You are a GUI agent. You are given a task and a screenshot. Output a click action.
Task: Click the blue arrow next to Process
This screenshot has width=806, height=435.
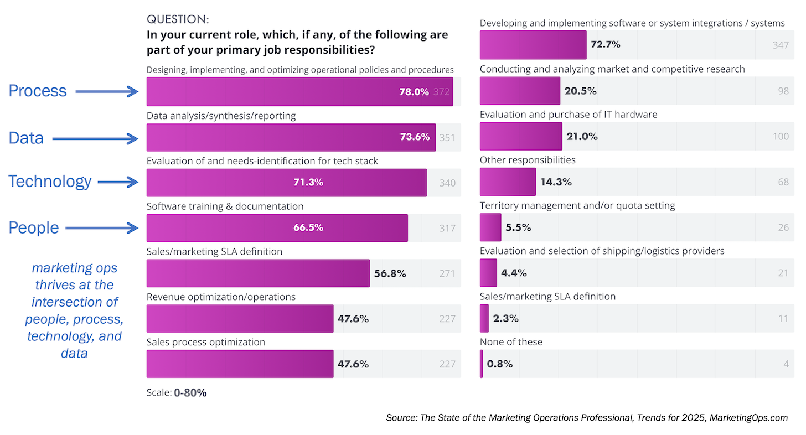pyautogui.click(x=107, y=92)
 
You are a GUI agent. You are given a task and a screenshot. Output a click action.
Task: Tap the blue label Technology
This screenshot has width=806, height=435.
pyautogui.click(x=50, y=182)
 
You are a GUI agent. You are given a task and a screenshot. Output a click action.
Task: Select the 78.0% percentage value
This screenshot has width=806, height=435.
pyautogui.click(x=414, y=92)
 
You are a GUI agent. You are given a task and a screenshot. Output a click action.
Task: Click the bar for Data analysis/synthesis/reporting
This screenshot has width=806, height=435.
pyautogui.click(x=291, y=137)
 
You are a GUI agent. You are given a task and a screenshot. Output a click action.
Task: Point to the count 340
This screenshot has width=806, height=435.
pyautogui.click(x=447, y=183)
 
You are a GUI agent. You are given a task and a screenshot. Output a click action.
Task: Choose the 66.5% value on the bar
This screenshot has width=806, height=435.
pyautogui.click(x=308, y=227)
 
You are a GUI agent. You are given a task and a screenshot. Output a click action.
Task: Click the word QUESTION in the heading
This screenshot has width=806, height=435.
pyautogui.click(x=178, y=19)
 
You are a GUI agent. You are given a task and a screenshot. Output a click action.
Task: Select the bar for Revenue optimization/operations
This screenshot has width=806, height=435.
pyautogui.click(x=240, y=318)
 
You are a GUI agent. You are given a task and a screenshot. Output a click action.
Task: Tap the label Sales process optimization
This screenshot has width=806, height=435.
pyautogui.click(x=205, y=342)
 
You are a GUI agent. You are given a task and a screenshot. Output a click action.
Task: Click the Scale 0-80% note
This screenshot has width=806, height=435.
pyautogui.click(x=177, y=393)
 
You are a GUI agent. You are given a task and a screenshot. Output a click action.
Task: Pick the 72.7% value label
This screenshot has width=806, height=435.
pyautogui.click(x=606, y=44)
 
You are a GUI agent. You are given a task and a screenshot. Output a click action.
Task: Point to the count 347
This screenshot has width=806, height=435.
pyautogui.click(x=781, y=45)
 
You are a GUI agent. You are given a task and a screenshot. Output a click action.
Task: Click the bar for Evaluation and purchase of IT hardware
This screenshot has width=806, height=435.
pyautogui.click(x=520, y=136)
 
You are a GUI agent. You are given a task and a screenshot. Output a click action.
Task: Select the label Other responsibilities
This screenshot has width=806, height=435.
pyautogui.click(x=528, y=160)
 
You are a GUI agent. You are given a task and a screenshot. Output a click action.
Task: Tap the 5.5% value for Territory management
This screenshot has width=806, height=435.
pyautogui.click(x=518, y=227)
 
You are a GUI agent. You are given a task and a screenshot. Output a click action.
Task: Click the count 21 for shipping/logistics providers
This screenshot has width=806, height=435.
pyautogui.click(x=783, y=273)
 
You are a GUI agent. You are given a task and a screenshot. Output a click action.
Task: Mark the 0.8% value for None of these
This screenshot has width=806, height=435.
pyautogui.click(x=500, y=364)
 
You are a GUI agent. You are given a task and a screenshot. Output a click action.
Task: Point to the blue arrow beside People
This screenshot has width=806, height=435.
pyautogui.click(x=101, y=227)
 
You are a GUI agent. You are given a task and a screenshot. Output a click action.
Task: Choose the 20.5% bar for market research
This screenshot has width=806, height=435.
pyautogui.click(x=520, y=91)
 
